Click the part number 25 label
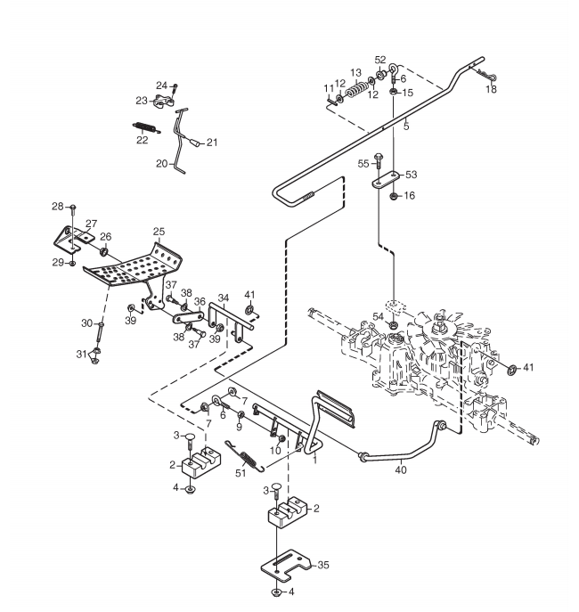point(159,232)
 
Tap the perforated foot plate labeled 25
point(133,266)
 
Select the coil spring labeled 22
point(146,127)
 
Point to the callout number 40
point(401,470)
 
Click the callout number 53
point(412,175)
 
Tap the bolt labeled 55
point(378,161)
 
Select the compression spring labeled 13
point(357,89)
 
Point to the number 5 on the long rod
point(406,126)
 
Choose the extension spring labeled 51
point(246,454)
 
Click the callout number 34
point(224,298)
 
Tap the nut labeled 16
point(394,196)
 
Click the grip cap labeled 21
point(197,143)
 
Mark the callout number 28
point(58,207)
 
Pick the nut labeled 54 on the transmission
point(394,324)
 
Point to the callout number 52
point(380,60)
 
